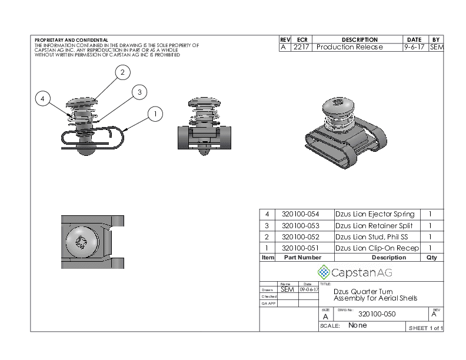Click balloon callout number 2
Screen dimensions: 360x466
tap(122, 72)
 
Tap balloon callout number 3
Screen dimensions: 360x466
tap(139, 92)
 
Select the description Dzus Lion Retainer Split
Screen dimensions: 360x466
tap(374, 225)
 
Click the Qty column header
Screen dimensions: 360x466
tap(431, 257)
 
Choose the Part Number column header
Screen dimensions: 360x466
tap(302, 257)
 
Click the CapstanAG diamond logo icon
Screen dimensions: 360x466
tap(324, 272)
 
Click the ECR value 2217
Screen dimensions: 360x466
tap(301, 47)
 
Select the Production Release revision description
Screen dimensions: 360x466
tap(349, 47)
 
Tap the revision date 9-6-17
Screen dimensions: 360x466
tap(415, 47)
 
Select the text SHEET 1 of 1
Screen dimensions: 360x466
tap(425, 328)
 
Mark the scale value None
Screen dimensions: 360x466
tap(358, 325)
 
